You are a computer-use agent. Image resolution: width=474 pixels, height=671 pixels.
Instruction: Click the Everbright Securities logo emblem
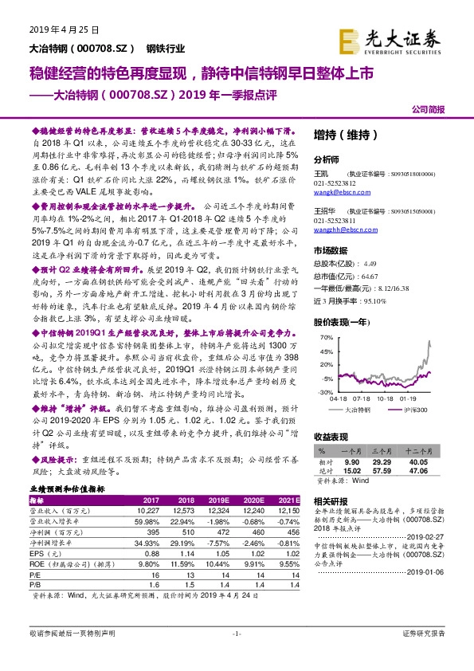[351, 40]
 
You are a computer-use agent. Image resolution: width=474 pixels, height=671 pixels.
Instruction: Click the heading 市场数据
[329, 250]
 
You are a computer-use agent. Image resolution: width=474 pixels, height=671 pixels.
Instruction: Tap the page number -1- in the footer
[235, 655]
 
